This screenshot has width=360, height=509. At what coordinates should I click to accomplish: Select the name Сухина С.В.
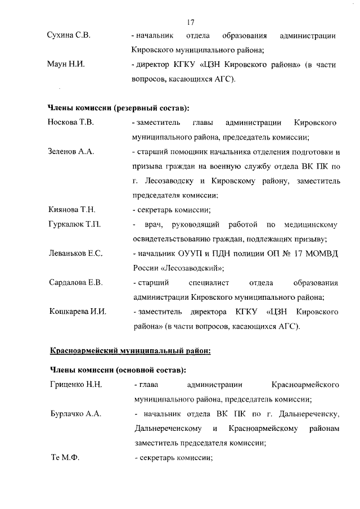69,35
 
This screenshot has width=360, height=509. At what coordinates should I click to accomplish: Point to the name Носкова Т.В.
70,122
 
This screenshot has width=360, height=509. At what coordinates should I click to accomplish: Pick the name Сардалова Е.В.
75,282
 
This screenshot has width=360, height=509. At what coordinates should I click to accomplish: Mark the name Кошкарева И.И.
77,312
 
